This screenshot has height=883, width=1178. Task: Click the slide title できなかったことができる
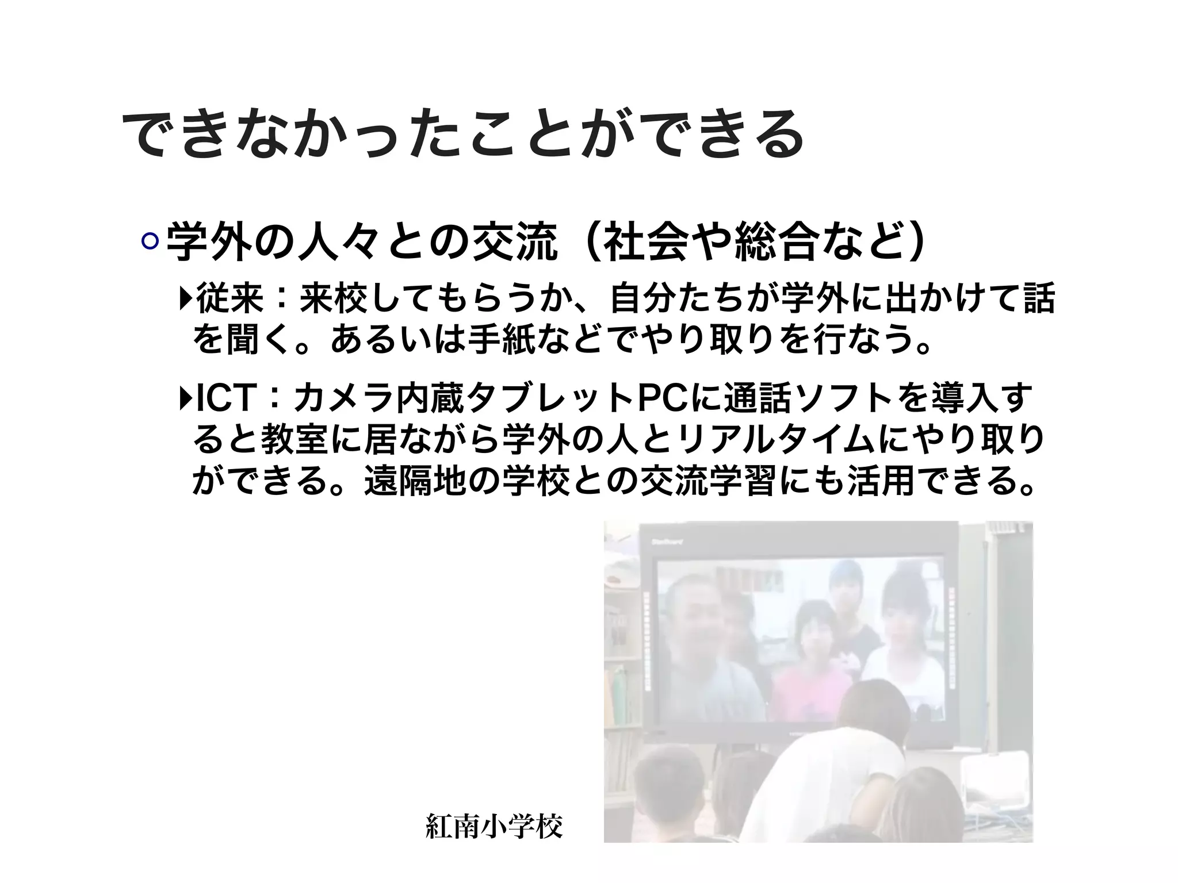463,134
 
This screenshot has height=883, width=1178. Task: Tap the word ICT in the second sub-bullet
225,400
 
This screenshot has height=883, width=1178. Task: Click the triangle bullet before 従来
185,298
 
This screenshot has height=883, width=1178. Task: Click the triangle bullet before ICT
185,399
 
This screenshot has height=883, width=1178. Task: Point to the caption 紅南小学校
494,827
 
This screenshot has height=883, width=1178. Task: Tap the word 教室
296,441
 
